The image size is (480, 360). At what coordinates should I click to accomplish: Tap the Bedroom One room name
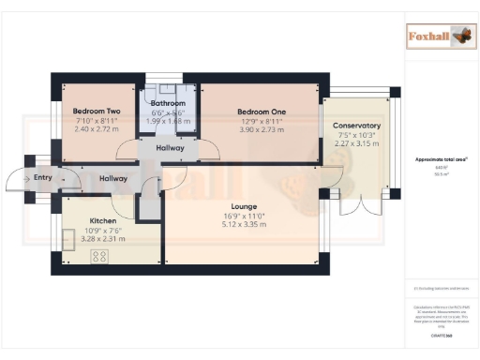coord(262,110)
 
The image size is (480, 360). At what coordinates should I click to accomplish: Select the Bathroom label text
coord(169,103)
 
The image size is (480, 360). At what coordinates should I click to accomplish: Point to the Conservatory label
coord(356,126)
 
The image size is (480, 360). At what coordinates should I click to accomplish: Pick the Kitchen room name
coord(102,221)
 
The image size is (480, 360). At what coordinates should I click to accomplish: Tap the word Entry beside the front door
coord(43,177)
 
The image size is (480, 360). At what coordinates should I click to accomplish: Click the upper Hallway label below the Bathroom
coord(170,148)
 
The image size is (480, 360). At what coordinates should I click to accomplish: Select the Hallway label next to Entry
coord(113,178)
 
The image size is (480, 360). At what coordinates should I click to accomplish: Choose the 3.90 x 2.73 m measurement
coord(262,127)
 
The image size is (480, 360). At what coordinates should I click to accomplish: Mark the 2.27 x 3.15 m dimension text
coord(356,143)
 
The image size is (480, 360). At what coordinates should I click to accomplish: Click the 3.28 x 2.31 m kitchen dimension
coord(102,239)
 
